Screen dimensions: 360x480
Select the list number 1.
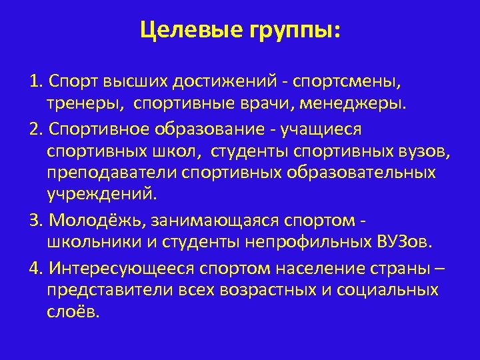pos(35,82)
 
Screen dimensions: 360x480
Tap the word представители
pos(107,290)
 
